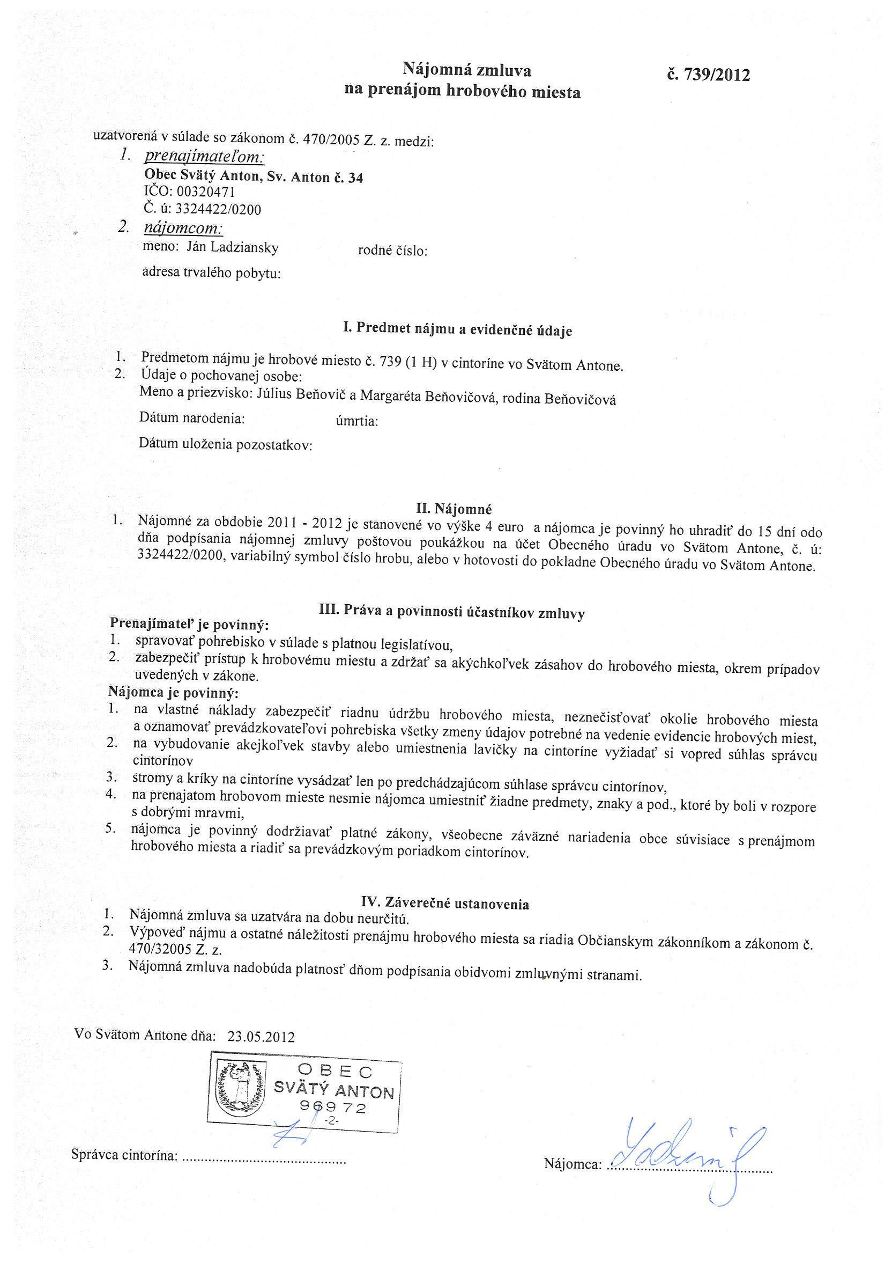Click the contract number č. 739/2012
(x=708, y=75)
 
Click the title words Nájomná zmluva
(x=467, y=70)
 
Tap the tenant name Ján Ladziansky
(x=232, y=248)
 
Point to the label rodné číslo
(x=392, y=251)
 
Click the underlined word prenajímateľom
(x=204, y=158)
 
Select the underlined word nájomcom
(x=183, y=228)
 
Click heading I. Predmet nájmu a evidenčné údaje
(x=457, y=329)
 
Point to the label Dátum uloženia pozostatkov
(x=225, y=444)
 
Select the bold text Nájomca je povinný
(x=174, y=692)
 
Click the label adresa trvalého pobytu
(x=211, y=273)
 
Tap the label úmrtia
(x=356, y=422)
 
